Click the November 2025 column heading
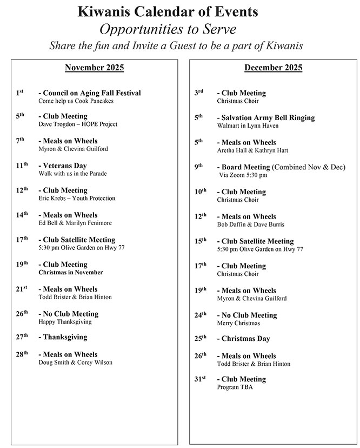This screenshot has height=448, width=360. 94,68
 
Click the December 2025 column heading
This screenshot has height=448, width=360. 273,68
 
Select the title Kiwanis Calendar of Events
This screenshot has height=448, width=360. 168,11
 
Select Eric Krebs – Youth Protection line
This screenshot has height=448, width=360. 77,199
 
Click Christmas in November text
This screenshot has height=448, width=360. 70,273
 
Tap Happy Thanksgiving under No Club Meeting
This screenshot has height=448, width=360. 65,322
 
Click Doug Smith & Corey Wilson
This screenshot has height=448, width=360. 76,363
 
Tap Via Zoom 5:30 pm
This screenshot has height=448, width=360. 243,175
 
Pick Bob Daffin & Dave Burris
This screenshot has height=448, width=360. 250,225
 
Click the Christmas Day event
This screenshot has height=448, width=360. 245,339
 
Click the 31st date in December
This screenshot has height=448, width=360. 200,379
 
